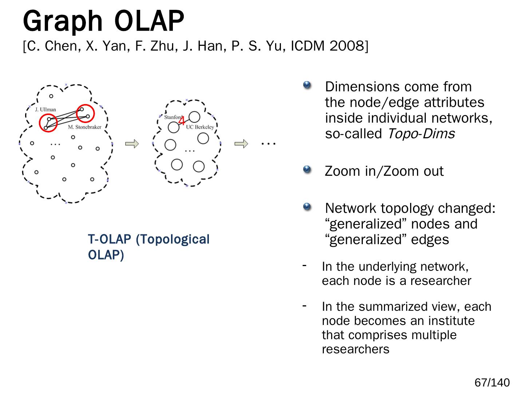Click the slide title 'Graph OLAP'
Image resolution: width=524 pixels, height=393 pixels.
tap(103, 21)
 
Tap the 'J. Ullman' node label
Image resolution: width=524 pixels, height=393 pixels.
tap(45, 109)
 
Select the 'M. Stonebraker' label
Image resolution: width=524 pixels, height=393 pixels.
tap(84, 127)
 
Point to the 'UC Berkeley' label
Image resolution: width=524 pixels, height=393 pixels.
tap(200, 127)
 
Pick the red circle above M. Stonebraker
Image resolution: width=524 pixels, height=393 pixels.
tap(86, 114)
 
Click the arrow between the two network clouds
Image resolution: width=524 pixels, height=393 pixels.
tap(132, 144)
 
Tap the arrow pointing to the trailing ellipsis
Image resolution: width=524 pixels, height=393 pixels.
tap(241, 144)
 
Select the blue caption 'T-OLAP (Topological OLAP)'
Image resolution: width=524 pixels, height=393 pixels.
tap(148, 247)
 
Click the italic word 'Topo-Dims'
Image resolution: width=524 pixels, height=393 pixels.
tap(421, 134)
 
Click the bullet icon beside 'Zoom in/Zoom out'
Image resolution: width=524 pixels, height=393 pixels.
tap(307, 169)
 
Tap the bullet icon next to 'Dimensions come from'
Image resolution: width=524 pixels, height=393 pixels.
tap(307, 85)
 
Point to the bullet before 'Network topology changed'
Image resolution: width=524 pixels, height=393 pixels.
tap(307, 207)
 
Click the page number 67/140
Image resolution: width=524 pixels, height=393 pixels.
tap(492, 382)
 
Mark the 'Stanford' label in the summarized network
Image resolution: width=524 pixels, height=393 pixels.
tap(172, 117)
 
